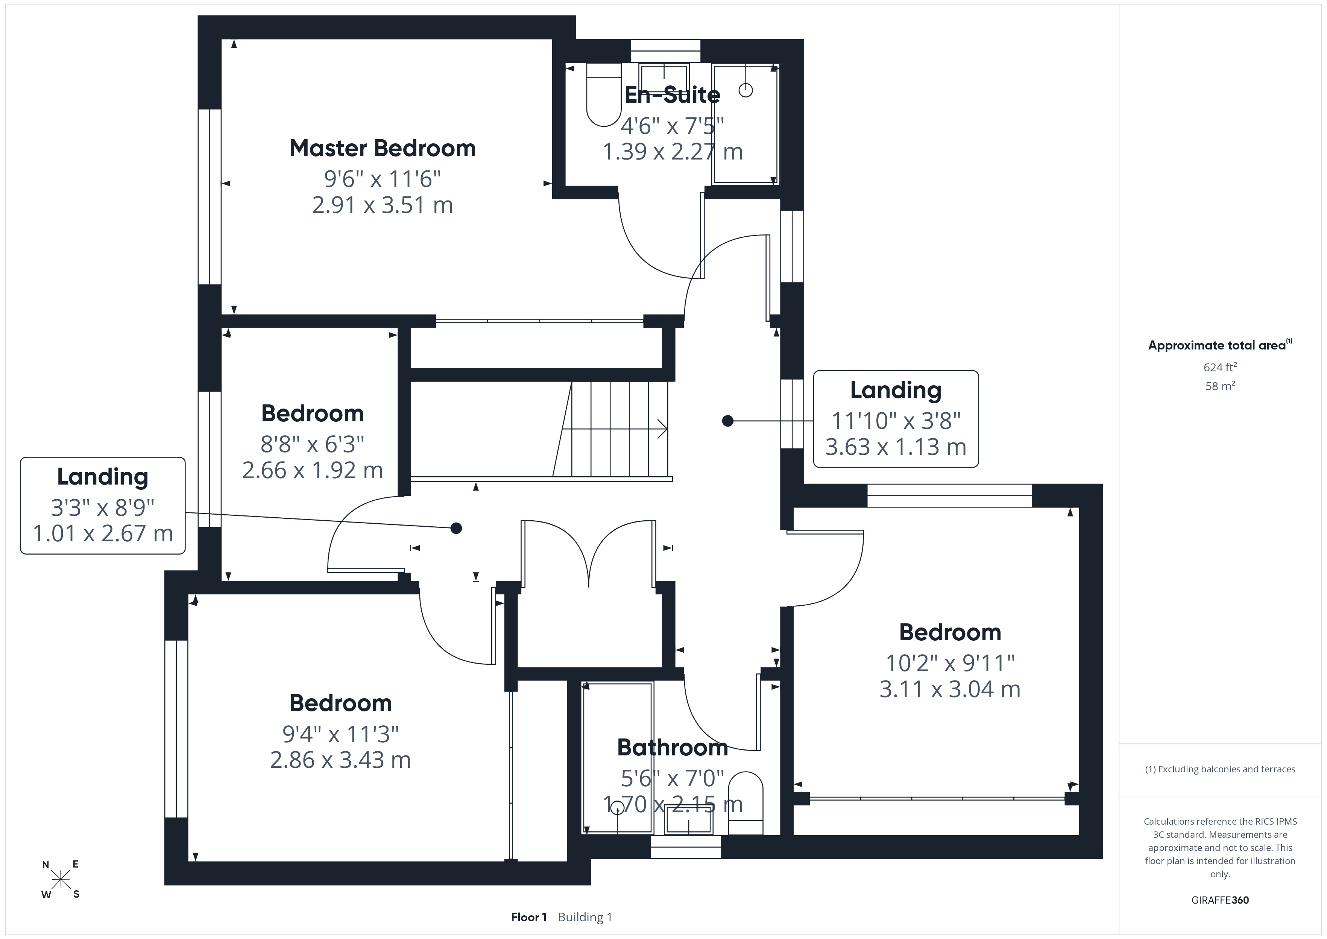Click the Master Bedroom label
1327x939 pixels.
[x=383, y=149]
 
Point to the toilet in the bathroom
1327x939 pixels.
[x=745, y=803]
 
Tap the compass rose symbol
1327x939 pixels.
[x=61, y=880]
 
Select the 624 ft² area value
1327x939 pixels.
[x=1220, y=366]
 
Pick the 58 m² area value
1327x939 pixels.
[x=1220, y=386]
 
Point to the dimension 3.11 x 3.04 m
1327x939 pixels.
[x=950, y=689]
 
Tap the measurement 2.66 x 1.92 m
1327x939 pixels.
[x=313, y=470]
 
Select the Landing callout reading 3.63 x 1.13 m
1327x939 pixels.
[x=896, y=419]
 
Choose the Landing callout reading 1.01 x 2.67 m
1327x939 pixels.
[x=103, y=505]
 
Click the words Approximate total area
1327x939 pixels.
[x=1217, y=346]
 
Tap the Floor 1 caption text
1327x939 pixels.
[x=529, y=917]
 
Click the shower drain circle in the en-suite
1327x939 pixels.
[x=745, y=90]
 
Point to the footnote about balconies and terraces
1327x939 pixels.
[x=1220, y=769]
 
